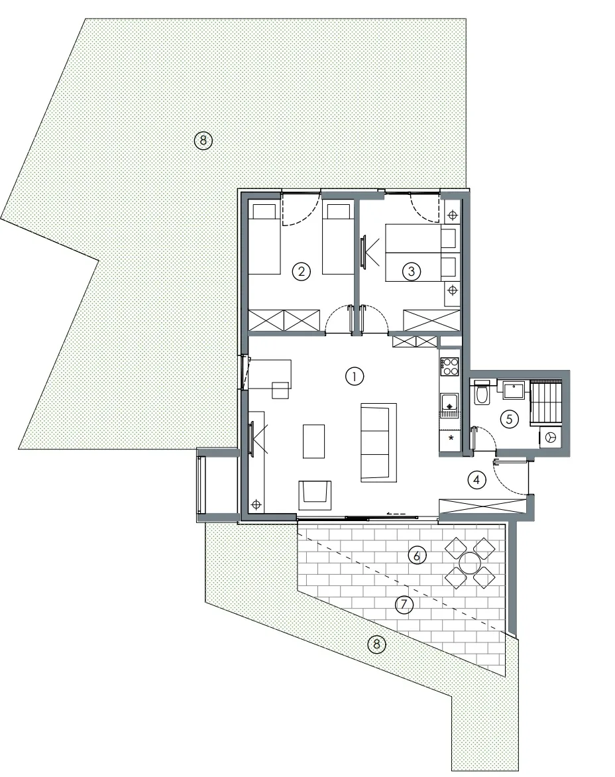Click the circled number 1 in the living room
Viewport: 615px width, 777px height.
[x=355, y=377]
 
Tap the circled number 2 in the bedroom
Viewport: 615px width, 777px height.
[x=301, y=271]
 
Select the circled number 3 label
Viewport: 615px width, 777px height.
[x=411, y=271]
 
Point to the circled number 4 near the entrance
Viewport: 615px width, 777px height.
[x=476, y=480]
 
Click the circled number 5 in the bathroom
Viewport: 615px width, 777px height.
[x=509, y=419]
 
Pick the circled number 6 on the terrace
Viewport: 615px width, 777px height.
[x=416, y=556]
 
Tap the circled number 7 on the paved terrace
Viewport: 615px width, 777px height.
[x=404, y=604]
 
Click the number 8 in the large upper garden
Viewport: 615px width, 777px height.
[x=203, y=141]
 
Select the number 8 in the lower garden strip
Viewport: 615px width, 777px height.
[x=376, y=644]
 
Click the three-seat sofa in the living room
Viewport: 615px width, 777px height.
[x=379, y=442]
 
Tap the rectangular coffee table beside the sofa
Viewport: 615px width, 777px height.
[x=313, y=441]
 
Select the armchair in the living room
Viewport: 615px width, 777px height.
[x=315, y=495]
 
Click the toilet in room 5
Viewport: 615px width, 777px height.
[x=481, y=391]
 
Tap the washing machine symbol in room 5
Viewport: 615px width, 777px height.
[x=550, y=437]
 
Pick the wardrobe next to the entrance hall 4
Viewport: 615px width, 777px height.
[x=482, y=507]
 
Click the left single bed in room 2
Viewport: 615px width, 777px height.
[x=264, y=239]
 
